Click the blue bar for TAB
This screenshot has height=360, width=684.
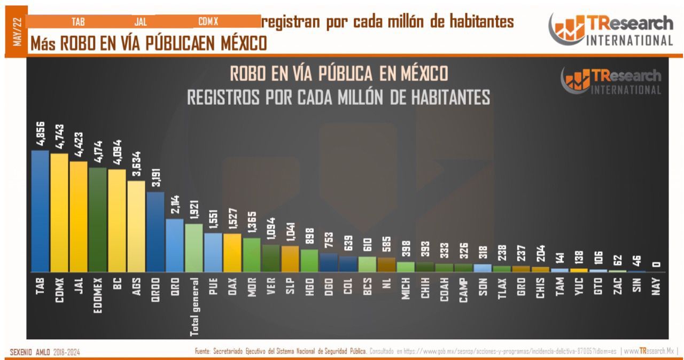point(40,211)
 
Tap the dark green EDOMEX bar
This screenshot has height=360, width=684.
point(98,220)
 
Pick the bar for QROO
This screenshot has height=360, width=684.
point(156,232)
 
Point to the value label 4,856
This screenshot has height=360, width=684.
point(40,135)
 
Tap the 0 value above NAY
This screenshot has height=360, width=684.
point(657,263)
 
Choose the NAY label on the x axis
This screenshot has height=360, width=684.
point(657,287)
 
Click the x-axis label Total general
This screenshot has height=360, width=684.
point(195,307)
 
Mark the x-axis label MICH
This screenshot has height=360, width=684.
point(406,288)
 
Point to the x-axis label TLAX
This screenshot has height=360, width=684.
point(502,288)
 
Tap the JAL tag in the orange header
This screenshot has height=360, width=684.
point(141,22)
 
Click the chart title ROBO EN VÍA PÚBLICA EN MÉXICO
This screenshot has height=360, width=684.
point(339,73)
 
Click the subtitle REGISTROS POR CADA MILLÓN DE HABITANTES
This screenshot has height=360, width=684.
point(339,97)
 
